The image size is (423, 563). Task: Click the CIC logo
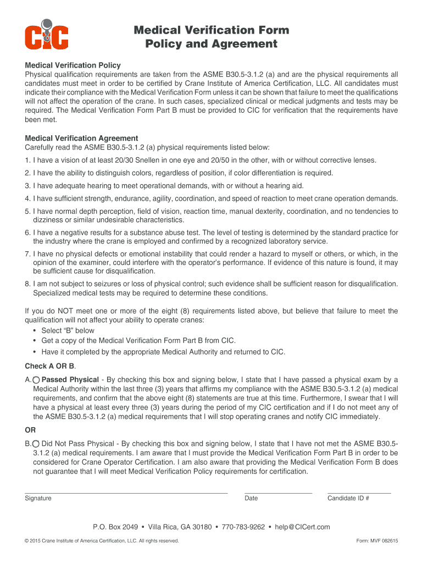click(x=47, y=35)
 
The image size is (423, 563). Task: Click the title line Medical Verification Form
click(x=211, y=30)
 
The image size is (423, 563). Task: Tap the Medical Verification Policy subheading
click(x=73, y=65)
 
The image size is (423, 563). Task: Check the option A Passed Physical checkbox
click(x=36, y=380)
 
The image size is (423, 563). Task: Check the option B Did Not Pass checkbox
click(x=36, y=444)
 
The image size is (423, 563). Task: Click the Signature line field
click(x=126, y=490)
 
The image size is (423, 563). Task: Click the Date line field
click(x=278, y=490)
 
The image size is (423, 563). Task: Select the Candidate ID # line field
click(x=359, y=490)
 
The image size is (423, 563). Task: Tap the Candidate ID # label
click(x=348, y=498)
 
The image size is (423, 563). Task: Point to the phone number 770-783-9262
click(x=243, y=527)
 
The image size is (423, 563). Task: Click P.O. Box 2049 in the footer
click(x=115, y=527)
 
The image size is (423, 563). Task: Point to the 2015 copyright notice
click(x=102, y=541)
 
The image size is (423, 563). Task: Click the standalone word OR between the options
click(x=30, y=430)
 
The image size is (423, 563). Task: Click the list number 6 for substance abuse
click(x=27, y=233)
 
